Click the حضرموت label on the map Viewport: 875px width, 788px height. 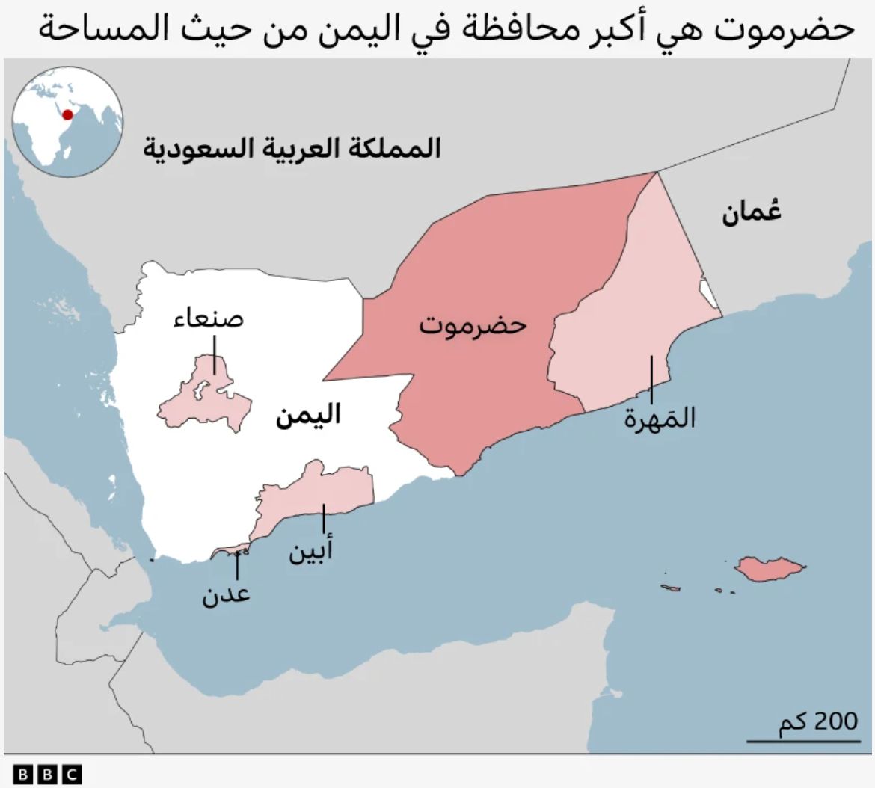(473, 326)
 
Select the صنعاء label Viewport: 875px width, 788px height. (209, 320)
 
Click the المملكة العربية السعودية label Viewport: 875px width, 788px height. (292, 148)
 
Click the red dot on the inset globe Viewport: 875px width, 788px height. (67, 114)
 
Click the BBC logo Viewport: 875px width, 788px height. (47, 774)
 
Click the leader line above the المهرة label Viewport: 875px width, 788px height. (651, 380)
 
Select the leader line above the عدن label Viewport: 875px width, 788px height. (237, 566)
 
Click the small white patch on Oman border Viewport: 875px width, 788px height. (707, 293)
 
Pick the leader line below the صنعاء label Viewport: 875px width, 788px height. (214, 354)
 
